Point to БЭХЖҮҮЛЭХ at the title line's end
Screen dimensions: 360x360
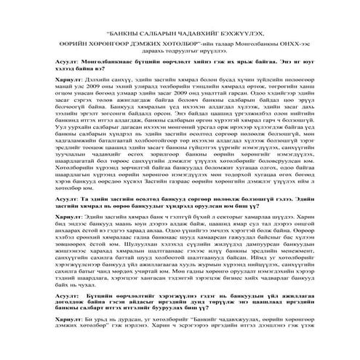tap(241, 33)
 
